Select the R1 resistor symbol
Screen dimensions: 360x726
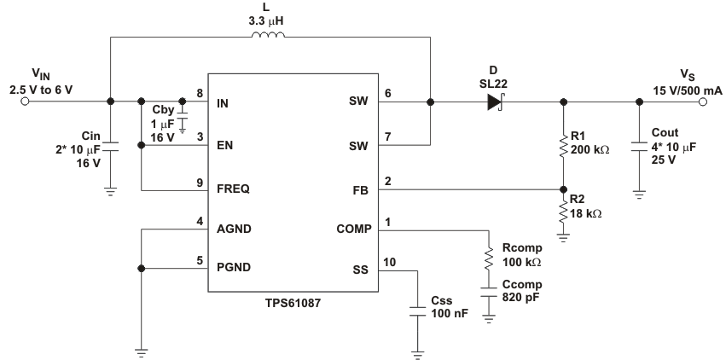562,146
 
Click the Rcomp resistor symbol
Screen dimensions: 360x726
489,258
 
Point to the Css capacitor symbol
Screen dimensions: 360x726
417,311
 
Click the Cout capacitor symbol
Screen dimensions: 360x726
639,146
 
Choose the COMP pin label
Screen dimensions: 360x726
351,229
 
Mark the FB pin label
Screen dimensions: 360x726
359,189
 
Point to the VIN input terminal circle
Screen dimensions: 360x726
25,102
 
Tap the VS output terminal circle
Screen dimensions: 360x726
704,102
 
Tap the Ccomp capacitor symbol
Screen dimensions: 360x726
489,293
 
